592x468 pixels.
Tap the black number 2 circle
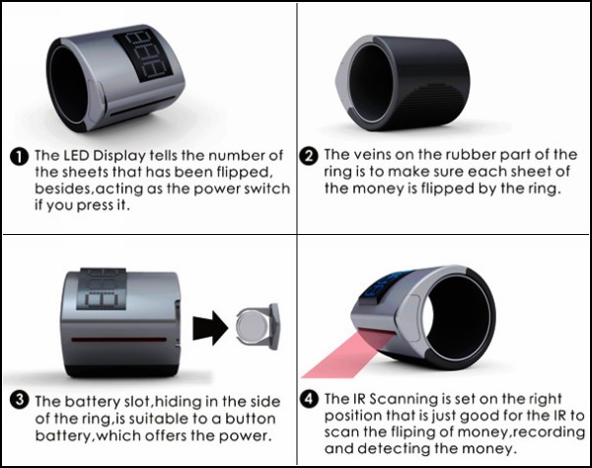point(309,156)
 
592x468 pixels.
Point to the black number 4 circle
point(309,399)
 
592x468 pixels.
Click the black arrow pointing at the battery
point(210,328)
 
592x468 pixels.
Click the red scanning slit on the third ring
point(119,340)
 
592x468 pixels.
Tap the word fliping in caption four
point(408,432)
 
